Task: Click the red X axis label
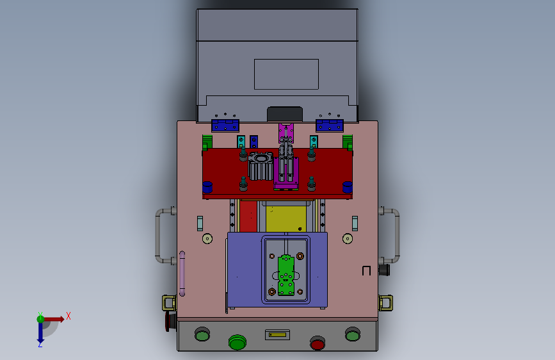68,316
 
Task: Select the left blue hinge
225,126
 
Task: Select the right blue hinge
330,126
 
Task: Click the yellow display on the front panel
278,334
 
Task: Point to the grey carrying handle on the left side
162,236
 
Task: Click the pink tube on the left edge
182,273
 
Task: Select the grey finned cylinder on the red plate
261,166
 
